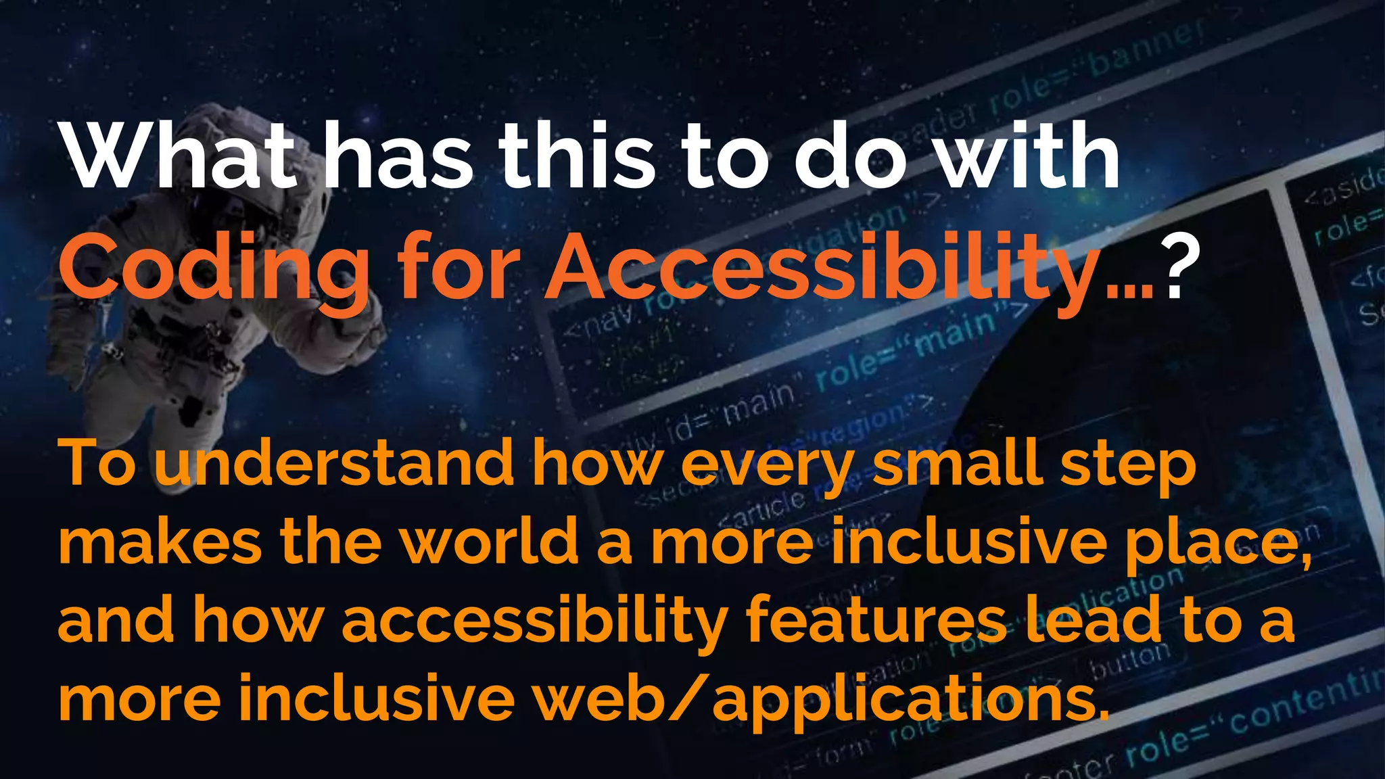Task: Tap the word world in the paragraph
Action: coord(490,541)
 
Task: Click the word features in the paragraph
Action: coord(876,619)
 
